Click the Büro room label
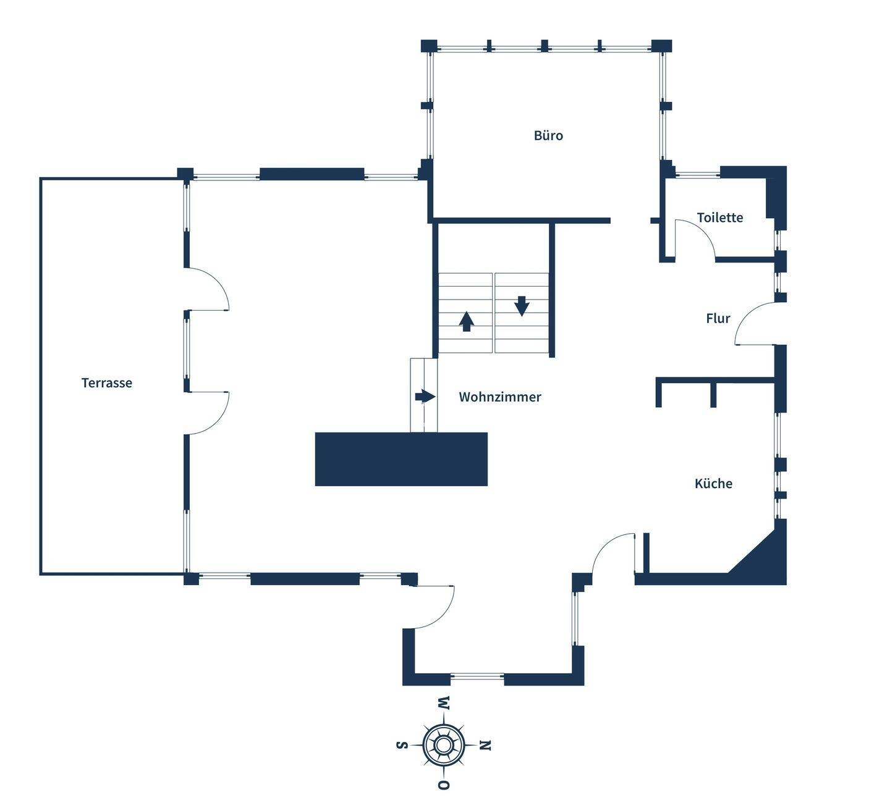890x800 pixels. [548, 135]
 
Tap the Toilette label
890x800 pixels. [719, 217]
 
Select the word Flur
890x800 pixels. [718, 318]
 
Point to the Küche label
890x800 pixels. [713, 484]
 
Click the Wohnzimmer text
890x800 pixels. [499, 397]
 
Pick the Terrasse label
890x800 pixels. [106, 383]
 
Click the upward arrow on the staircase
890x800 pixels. [467, 321]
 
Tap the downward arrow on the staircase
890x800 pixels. [522, 306]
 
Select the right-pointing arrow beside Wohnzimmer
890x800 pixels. [425, 396]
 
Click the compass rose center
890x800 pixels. [443, 745]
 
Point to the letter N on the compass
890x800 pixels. [486, 746]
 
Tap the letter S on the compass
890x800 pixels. [401, 745]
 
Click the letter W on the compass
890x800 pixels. [444, 703]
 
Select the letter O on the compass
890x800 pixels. [443, 785]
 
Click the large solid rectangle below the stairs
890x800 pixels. [401, 459]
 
